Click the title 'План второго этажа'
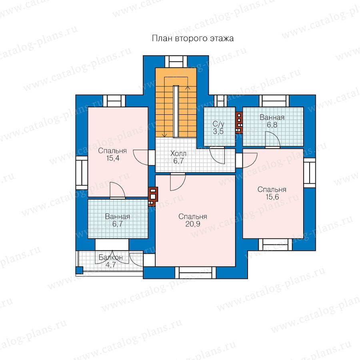(193, 38)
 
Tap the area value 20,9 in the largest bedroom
(193, 224)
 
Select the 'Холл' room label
(178, 153)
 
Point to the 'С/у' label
(218, 124)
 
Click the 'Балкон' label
(111, 257)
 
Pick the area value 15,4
(113, 158)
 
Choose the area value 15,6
(272, 197)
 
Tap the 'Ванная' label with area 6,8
(272, 117)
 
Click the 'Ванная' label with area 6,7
(117, 216)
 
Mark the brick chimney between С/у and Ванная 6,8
(239, 123)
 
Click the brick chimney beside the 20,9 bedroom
(153, 196)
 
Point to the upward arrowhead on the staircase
(188, 88)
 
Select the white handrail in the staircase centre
(176, 112)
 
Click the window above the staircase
(176, 62)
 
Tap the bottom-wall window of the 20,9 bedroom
(195, 273)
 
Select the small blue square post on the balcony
(80, 270)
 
